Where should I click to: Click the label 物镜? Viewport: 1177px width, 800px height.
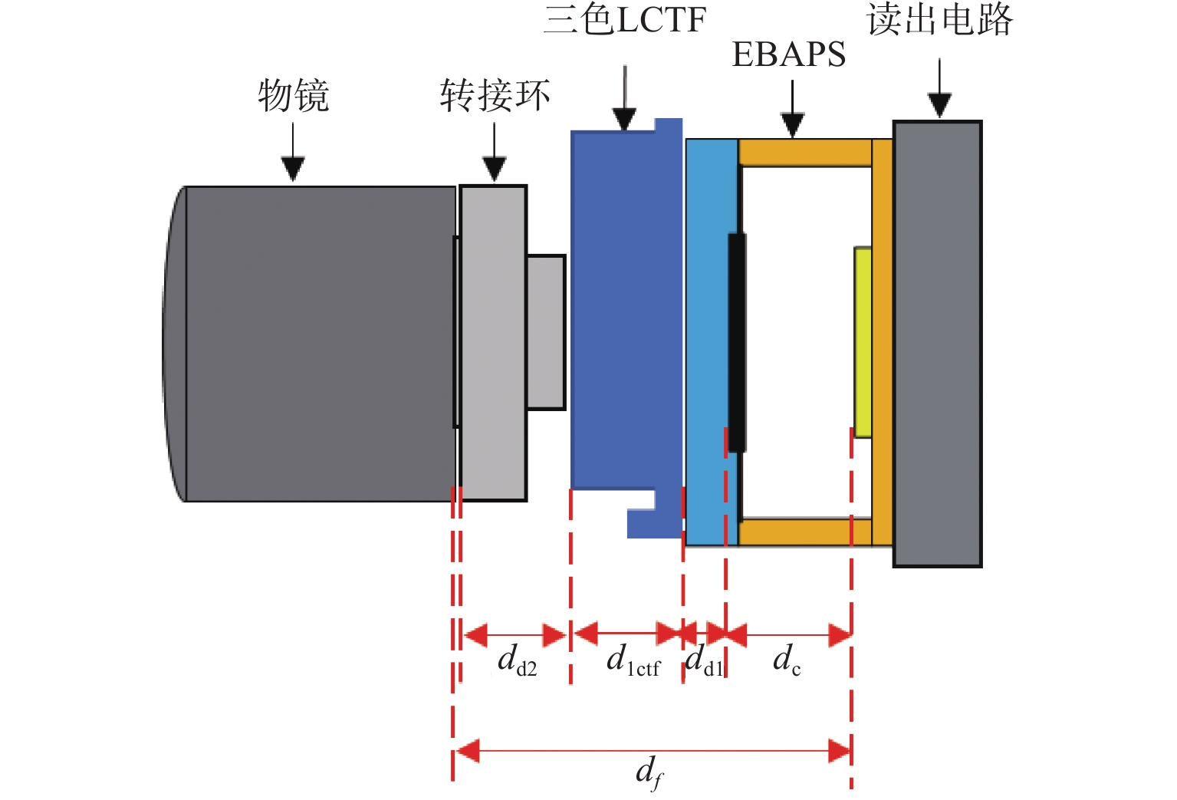tap(293, 96)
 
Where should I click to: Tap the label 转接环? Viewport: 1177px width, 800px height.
tap(495, 96)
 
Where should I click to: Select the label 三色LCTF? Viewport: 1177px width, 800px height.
tap(624, 19)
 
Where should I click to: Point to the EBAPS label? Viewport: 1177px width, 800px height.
tap(789, 54)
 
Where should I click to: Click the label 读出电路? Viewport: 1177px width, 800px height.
tap(939, 19)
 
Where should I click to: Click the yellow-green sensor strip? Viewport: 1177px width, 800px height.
tap(863, 342)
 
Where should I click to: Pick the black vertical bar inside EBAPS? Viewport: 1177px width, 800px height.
tap(737, 342)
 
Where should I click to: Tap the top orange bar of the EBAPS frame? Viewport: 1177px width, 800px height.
tap(805, 152)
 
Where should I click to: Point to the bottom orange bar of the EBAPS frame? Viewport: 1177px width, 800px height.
tap(805, 532)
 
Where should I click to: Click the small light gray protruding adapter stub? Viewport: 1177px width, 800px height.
tap(546, 332)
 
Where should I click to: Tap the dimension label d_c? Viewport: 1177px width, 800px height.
tap(787, 660)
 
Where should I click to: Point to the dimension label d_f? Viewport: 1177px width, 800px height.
tap(649, 772)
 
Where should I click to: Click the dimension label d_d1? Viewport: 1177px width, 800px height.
tap(704, 661)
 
